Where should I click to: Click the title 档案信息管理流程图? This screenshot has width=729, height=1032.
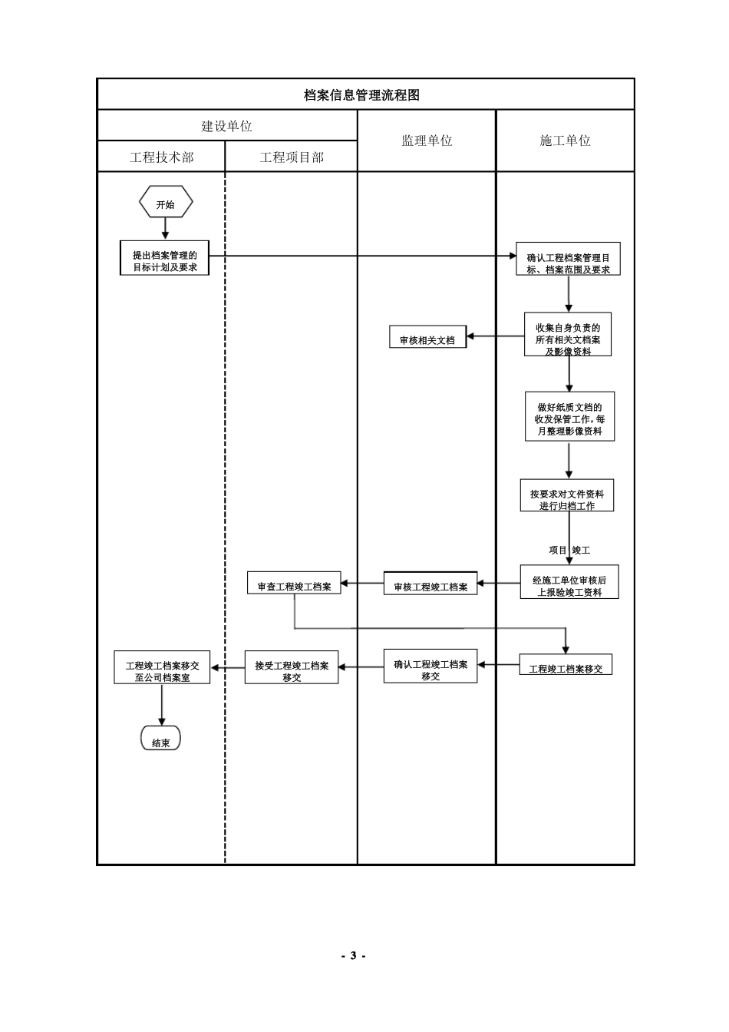pyautogui.click(x=361, y=95)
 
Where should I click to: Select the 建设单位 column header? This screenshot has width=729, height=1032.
pyautogui.click(x=226, y=126)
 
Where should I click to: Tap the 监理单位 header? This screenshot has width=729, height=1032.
pyautogui.click(x=427, y=141)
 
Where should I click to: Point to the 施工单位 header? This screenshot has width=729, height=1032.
pyautogui.click(x=565, y=141)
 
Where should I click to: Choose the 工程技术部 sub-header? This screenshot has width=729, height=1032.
pyautogui.click(x=161, y=157)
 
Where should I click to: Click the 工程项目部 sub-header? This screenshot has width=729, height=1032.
pyautogui.click(x=292, y=157)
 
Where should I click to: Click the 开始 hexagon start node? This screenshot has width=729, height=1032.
pyautogui.click(x=165, y=204)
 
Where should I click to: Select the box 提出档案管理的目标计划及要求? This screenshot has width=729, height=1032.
pyautogui.click(x=165, y=261)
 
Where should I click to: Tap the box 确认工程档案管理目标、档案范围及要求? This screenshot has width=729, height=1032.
pyautogui.click(x=568, y=263)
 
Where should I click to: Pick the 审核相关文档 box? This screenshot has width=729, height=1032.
pyautogui.click(x=427, y=339)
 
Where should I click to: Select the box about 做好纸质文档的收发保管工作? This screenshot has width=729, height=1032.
pyautogui.click(x=569, y=418)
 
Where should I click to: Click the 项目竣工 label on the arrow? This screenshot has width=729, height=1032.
pyautogui.click(x=569, y=550)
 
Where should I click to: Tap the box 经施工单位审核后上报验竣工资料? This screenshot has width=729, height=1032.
pyautogui.click(x=569, y=584)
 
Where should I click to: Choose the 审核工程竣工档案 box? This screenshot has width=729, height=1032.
pyautogui.click(x=430, y=586)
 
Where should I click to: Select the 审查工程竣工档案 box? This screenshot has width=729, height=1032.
pyautogui.click(x=294, y=585)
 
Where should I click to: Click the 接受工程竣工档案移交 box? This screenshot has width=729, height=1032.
pyautogui.click(x=292, y=670)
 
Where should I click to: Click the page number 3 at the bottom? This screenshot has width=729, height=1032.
pyautogui.click(x=353, y=955)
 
